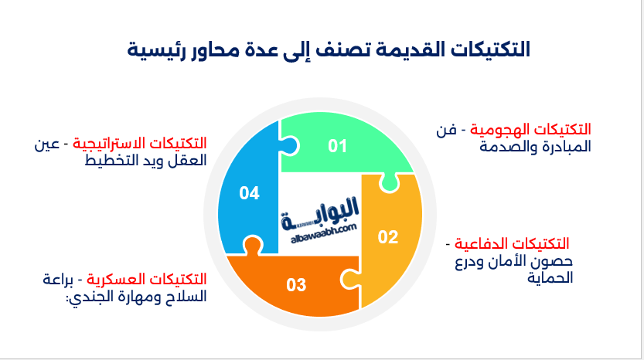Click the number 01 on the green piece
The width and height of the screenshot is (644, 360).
point(337,145)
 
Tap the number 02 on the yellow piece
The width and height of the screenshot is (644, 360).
point(387,236)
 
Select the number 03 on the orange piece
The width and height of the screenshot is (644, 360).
point(296,284)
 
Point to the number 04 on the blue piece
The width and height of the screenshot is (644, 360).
point(249,193)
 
